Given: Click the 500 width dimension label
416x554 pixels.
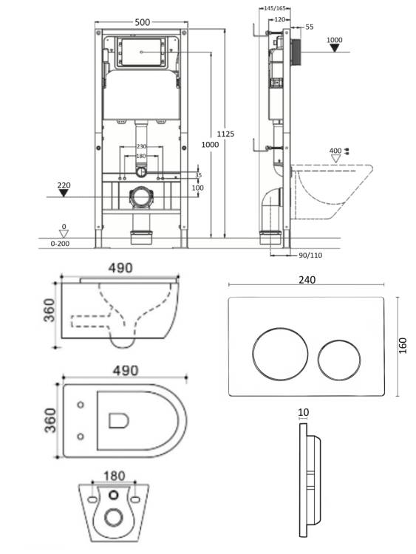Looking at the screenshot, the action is (x=143, y=22).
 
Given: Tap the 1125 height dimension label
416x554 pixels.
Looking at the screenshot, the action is (x=225, y=134).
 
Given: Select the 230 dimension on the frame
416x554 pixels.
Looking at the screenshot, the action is (x=141, y=146).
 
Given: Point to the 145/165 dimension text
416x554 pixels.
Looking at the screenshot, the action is (x=275, y=8).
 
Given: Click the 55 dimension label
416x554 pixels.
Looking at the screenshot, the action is (x=310, y=27).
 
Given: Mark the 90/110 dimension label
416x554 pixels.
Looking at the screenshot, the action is (x=310, y=255).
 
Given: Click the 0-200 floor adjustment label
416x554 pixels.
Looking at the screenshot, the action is (x=60, y=244).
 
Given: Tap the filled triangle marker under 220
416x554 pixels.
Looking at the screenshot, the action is (x=64, y=193).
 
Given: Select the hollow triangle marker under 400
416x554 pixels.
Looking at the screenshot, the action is (x=335, y=159).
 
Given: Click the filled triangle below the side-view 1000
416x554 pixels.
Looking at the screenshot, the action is (x=335, y=48).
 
